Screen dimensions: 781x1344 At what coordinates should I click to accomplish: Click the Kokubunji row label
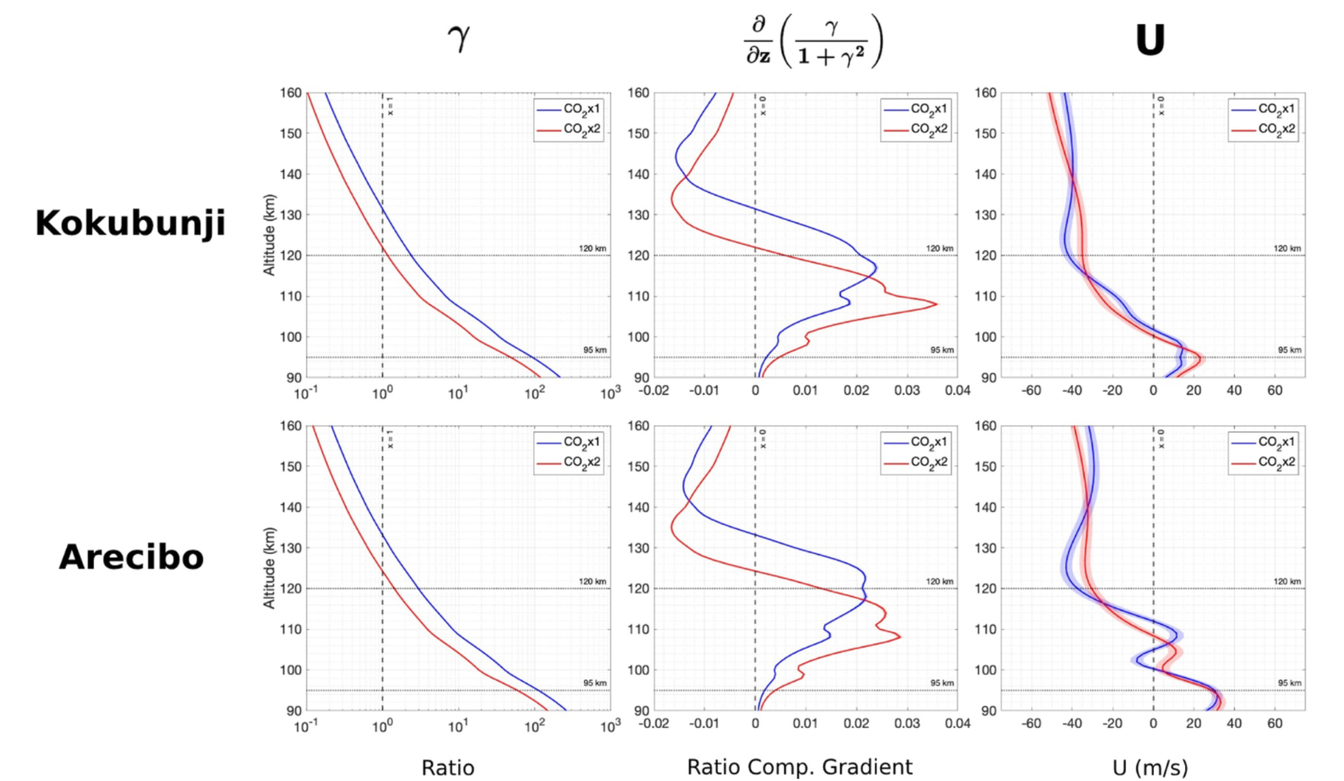(130, 223)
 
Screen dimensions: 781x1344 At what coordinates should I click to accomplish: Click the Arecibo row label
(131, 557)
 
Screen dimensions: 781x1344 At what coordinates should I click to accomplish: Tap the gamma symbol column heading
(459, 38)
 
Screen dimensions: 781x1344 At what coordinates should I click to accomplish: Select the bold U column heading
(1150, 41)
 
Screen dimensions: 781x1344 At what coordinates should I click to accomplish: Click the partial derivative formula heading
(813, 41)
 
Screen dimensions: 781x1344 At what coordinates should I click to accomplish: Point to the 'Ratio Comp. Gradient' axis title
(799, 767)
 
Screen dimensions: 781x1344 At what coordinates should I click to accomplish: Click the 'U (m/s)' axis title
(1150, 768)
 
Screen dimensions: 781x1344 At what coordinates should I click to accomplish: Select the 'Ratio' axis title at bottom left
(448, 768)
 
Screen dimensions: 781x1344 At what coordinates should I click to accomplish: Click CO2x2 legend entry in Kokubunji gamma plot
(581, 129)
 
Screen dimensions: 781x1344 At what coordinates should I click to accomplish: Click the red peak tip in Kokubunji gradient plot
(936, 304)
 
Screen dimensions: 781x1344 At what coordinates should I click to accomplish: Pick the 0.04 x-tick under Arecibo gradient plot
(957, 723)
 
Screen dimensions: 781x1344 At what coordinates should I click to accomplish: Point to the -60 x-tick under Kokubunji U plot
(1032, 390)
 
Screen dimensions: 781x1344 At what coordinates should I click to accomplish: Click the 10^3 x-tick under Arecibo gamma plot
(610, 726)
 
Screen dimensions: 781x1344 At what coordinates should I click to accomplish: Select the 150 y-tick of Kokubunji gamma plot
(290, 134)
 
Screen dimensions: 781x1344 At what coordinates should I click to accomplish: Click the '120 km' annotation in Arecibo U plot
(1287, 581)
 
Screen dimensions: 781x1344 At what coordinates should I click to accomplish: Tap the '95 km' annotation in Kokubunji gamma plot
(595, 350)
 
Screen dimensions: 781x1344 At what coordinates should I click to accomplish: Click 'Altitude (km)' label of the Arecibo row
(269, 568)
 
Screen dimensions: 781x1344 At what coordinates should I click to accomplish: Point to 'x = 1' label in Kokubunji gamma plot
(390, 106)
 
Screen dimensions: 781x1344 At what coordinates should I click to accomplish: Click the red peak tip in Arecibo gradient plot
(900, 637)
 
